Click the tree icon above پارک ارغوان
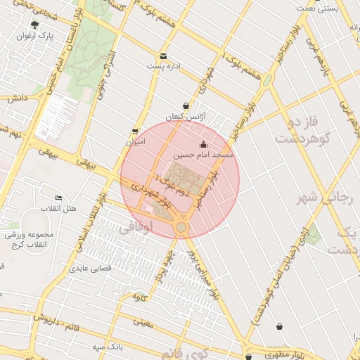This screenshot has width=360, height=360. click(34, 25)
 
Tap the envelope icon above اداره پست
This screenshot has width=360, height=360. click(164, 56)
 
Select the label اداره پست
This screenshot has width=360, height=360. click(164, 66)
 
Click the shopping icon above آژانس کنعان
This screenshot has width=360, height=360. click(186, 105)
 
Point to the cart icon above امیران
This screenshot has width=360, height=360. click(134, 131)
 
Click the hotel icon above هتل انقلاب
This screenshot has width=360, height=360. click(58, 198)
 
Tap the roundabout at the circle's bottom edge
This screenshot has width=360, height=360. click(181, 227)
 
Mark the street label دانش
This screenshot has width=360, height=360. click(17, 99)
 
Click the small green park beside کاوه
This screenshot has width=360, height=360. click(140, 294)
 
